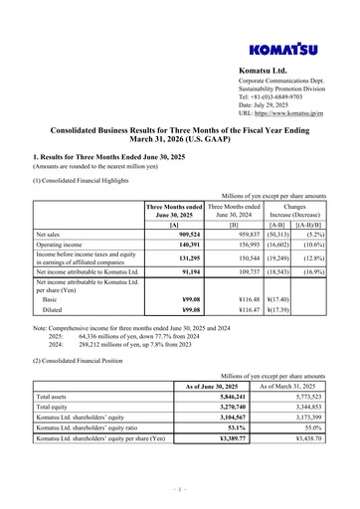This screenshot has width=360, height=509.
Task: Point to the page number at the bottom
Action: pos(179,488)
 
